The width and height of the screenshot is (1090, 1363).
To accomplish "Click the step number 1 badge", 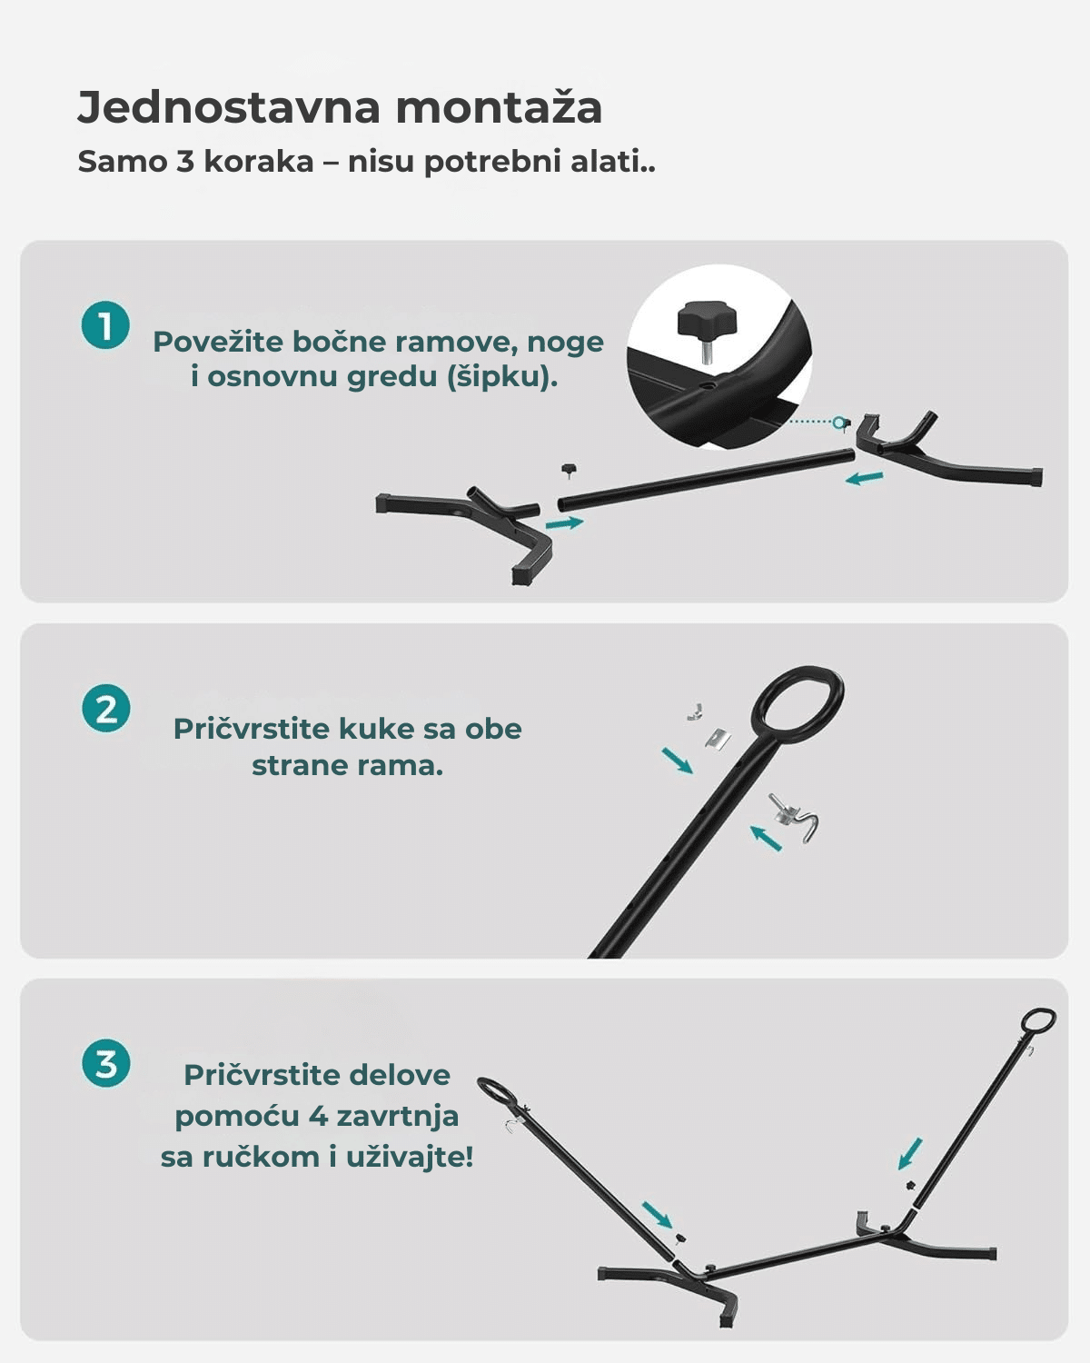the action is [x=105, y=325].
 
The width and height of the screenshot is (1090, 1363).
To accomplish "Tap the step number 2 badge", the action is [x=105, y=708].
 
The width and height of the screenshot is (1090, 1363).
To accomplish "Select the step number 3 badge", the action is [x=105, y=1063].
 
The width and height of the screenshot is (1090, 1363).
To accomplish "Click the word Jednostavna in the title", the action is [x=229, y=107].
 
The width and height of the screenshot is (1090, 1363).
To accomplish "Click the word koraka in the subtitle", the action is [x=258, y=162].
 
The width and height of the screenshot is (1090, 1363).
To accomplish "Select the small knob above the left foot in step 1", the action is [x=569, y=470].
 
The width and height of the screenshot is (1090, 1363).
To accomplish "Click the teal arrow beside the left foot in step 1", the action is [x=564, y=522].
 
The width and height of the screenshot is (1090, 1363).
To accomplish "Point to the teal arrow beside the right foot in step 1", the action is [x=864, y=478].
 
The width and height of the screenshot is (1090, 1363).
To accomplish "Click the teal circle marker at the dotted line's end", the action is [x=839, y=423].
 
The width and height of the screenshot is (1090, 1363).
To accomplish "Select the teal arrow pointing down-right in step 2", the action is [x=677, y=760].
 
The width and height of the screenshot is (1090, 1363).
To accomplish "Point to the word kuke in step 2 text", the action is [x=381, y=729].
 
